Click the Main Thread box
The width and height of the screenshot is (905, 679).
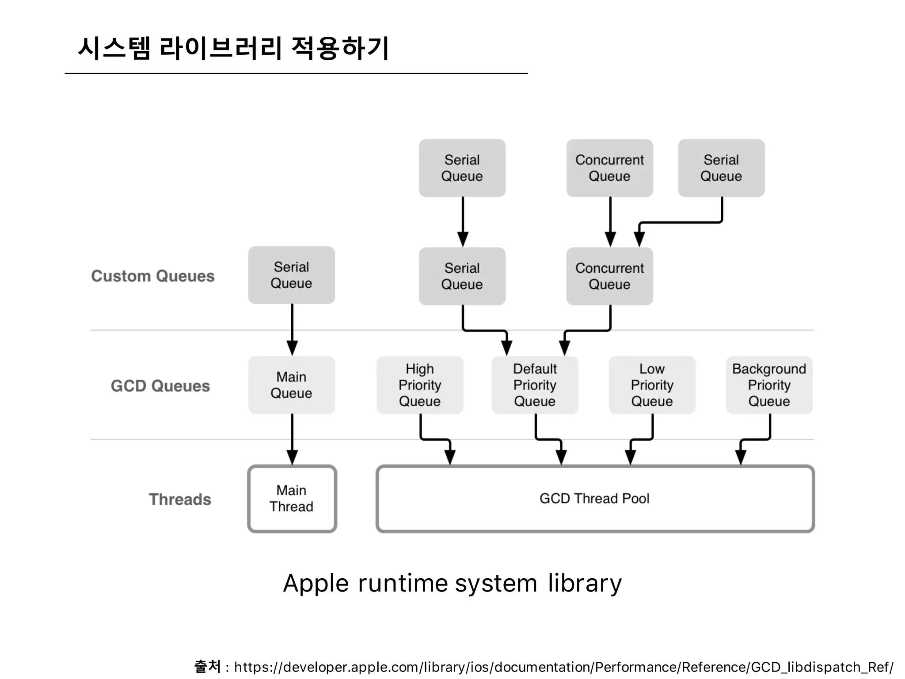click(292, 499)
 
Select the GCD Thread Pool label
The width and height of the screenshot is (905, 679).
click(594, 499)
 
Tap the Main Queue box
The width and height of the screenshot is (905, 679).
click(292, 385)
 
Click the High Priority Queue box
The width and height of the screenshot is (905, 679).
click(420, 385)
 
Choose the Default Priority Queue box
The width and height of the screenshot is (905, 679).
click(535, 385)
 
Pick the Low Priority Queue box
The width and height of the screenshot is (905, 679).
click(652, 385)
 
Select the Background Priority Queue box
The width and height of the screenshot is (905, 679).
click(769, 385)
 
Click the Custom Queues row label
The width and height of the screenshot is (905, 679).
click(153, 276)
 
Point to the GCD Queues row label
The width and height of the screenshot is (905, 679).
click(160, 386)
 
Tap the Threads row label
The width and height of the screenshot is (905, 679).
click(180, 500)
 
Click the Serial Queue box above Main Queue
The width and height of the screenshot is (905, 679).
click(292, 275)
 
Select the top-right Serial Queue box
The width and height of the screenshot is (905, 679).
click(721, 168)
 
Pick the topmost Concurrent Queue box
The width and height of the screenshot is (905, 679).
click(609, 168)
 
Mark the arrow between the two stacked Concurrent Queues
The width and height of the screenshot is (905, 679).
click(610, 221)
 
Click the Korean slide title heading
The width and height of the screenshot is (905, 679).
click(233, 48)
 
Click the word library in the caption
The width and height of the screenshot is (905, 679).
click(585, 584)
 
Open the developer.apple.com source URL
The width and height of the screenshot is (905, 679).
click(563, 667)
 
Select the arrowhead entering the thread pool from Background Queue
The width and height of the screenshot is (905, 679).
click(741, 457)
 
